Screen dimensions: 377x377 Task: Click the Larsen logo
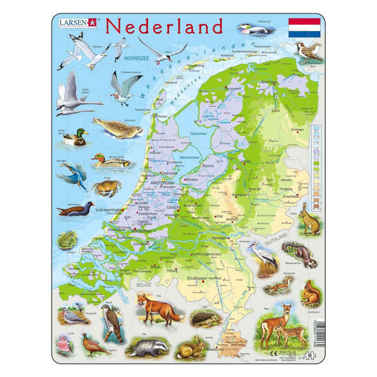click(x=78, y=23)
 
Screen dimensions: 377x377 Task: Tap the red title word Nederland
click(x=163, y=26)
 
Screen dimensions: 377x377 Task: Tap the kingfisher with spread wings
click(x=76, y=177)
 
